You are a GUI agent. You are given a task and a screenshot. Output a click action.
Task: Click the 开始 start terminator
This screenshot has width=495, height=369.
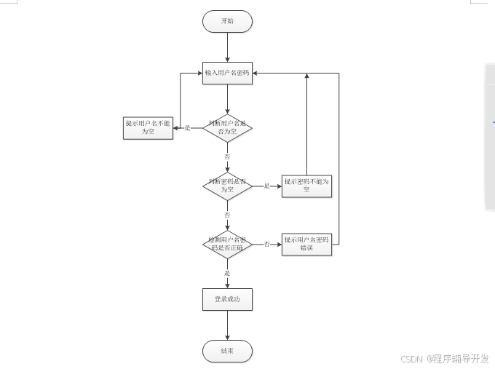pos(227,21)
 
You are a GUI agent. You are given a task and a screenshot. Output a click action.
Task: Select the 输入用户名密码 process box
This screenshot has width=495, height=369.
pos(227,74)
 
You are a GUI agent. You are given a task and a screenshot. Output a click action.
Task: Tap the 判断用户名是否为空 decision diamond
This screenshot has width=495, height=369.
pos(227,127)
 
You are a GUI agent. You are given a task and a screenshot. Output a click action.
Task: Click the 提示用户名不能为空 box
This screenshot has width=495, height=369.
pos(148,127)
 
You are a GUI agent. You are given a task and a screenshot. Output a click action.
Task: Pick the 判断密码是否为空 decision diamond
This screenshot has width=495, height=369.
pos(227,186)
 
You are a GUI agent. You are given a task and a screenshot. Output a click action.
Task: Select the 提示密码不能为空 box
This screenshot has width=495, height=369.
pos(306,186)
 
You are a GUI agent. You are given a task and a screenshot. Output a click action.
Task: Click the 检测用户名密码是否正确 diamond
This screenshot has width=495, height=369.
pos(227,244)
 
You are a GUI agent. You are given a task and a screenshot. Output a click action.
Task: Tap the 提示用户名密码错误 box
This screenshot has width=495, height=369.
pos(306,244)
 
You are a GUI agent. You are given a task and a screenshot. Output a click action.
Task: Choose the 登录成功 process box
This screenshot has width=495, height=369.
pos(227,299)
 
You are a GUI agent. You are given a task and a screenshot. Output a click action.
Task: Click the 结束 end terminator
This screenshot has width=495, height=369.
pos(227,351)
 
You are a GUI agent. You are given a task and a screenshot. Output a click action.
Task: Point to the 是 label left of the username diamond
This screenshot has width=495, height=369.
pos(188,128)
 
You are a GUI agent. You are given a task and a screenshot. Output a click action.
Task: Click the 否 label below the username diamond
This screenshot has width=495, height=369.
pos(227,156)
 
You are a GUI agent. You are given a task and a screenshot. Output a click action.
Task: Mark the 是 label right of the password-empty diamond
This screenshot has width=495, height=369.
pos(266,186)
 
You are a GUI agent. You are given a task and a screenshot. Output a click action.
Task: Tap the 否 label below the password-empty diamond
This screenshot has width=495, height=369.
pos(227,215)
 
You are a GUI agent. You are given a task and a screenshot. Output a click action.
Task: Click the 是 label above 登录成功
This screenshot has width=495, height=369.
pos(227,273)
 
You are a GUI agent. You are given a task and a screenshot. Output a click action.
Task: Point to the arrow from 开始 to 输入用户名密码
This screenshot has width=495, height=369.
pos(227,47)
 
